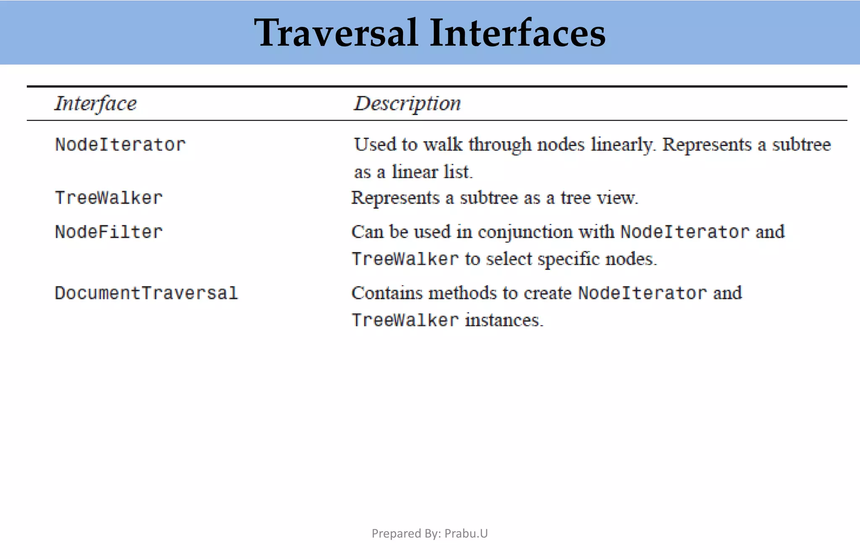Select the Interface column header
(96, 104)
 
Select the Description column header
(407, 104)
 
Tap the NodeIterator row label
(120, 145)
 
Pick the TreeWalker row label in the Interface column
(109, 198)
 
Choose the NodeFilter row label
(109, 232)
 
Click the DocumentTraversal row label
(146, 293)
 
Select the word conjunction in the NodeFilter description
(525, 232)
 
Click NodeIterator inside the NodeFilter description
(685, 232)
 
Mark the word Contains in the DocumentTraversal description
(387, 293)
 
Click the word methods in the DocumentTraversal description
(462, 293)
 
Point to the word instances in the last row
(504, 320)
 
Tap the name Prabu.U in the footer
(466, 533)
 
